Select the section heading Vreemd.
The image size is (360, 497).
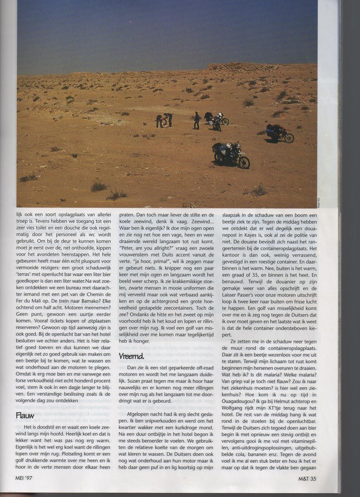[131, 356]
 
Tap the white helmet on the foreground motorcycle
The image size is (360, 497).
[229, 146]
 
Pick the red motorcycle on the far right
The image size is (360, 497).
[281, 134]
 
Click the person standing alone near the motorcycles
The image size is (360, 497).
[197, 120]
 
